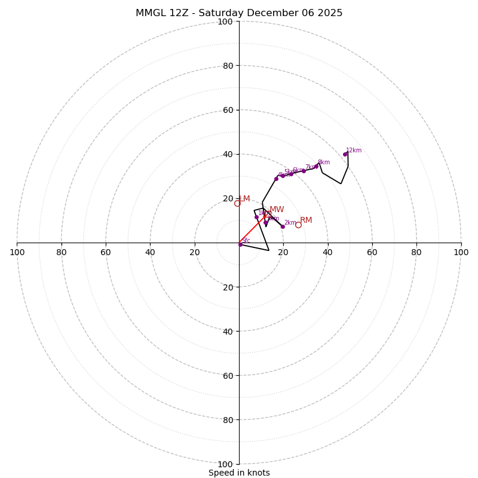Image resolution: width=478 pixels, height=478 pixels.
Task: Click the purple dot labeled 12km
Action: pos(345,154)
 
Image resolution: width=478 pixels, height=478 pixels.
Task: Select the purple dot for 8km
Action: pos(316,166)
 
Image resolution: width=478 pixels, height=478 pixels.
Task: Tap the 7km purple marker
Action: pos(304,171)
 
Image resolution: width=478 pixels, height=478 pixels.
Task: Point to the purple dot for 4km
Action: pos(276,179)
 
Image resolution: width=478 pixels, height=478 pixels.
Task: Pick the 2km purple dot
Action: pos(283,226)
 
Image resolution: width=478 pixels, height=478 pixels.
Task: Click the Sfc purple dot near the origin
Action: pos(240,244)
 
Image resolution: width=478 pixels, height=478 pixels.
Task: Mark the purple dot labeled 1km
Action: pos(256,217)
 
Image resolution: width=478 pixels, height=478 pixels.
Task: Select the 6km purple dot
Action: pos(291,174)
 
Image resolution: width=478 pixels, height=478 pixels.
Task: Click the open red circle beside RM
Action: pos(298,225)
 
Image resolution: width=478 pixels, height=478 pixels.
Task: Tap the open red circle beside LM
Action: pos(237,203)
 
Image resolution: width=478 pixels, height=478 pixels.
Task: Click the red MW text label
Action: pos(277,210)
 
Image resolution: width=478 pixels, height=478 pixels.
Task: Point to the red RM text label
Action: pos(306,220)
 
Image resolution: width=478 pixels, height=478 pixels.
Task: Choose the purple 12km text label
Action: pos(354,151)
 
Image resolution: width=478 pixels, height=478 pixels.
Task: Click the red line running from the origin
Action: pos(251,231)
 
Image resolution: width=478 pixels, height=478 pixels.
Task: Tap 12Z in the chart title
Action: pos(183,13)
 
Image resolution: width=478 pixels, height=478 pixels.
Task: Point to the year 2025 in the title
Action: pos(330,13)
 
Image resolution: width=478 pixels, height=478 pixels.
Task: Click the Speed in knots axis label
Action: pos(239,473)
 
